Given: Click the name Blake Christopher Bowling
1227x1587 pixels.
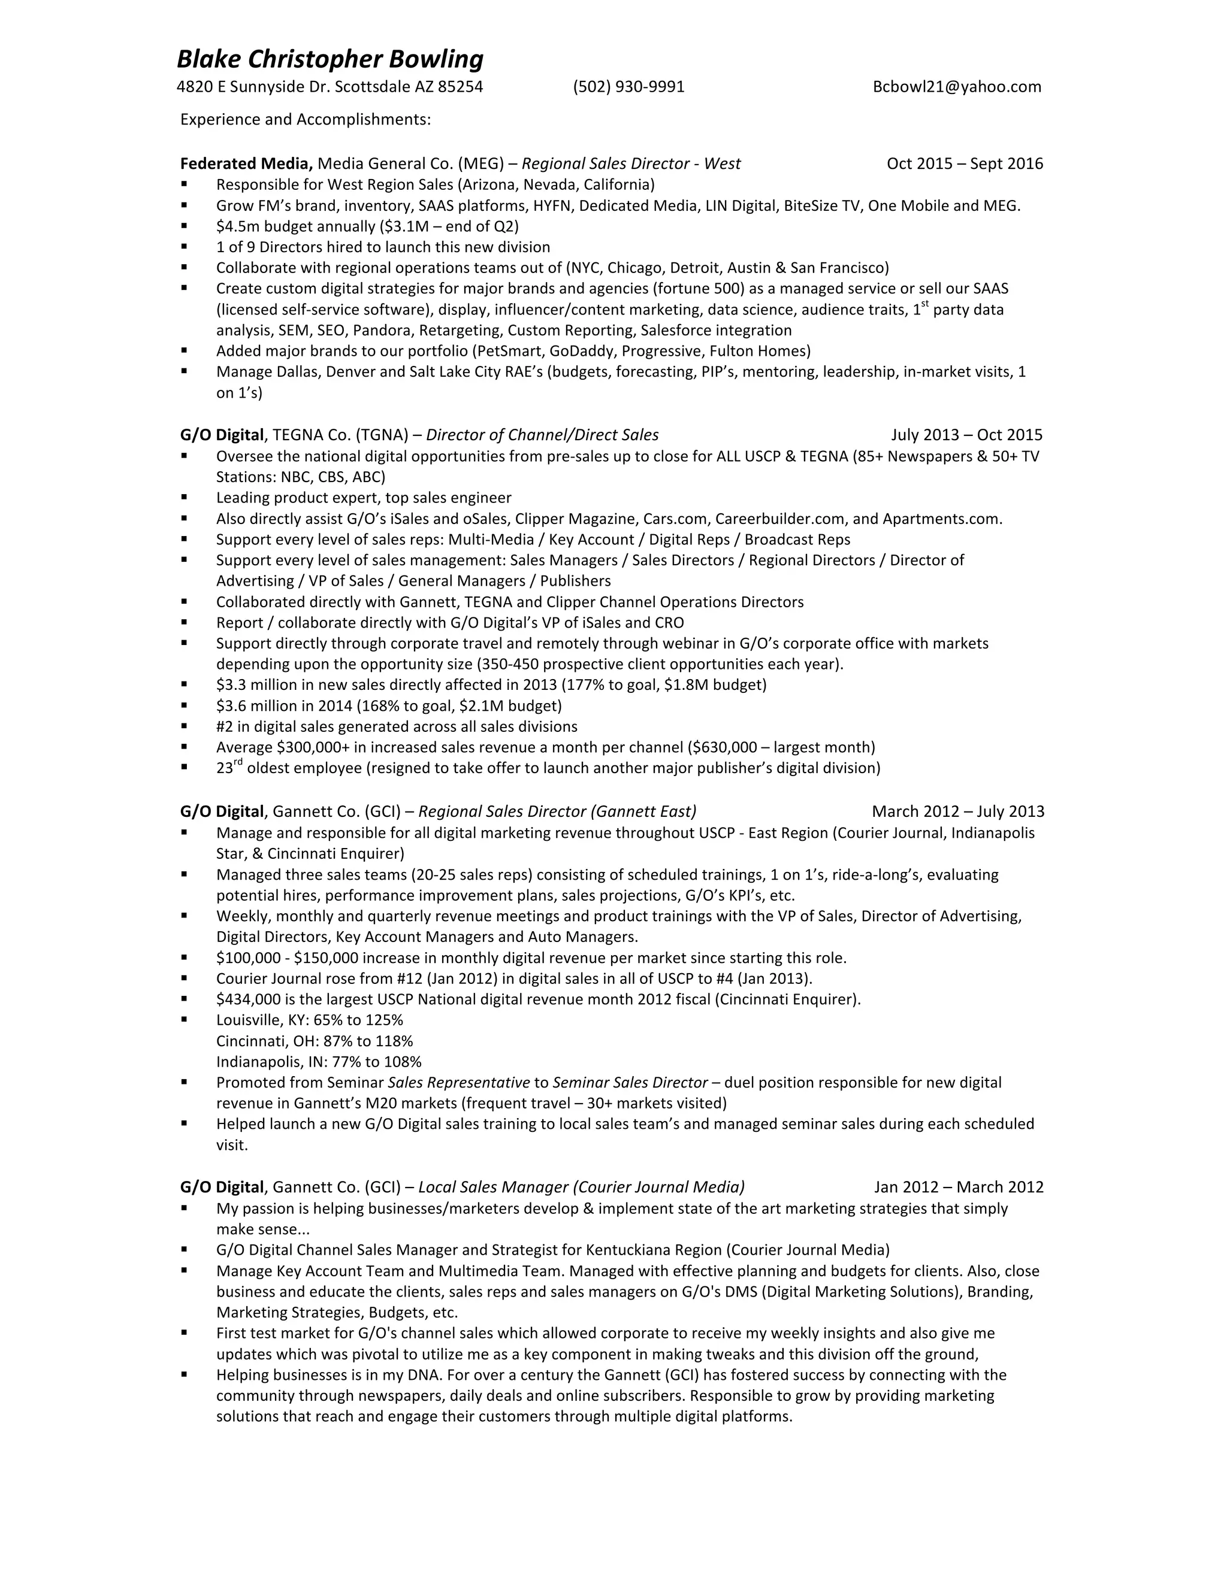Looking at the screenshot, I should click(330, 59).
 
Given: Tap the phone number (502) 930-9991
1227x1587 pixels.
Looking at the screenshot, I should click(628, 87).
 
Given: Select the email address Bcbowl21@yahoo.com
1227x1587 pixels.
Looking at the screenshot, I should click(957, 87).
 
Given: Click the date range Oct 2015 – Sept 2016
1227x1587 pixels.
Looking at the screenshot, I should click(965, 163).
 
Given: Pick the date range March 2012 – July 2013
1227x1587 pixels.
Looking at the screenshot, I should click(957, 811).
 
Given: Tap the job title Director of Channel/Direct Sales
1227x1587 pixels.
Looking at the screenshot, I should click(542, 435).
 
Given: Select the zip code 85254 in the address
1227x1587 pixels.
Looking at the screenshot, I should click(460, 87).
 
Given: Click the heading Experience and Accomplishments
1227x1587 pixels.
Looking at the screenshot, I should click(306, 119).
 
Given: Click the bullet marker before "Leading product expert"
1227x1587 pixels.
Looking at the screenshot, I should click(185, 498).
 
